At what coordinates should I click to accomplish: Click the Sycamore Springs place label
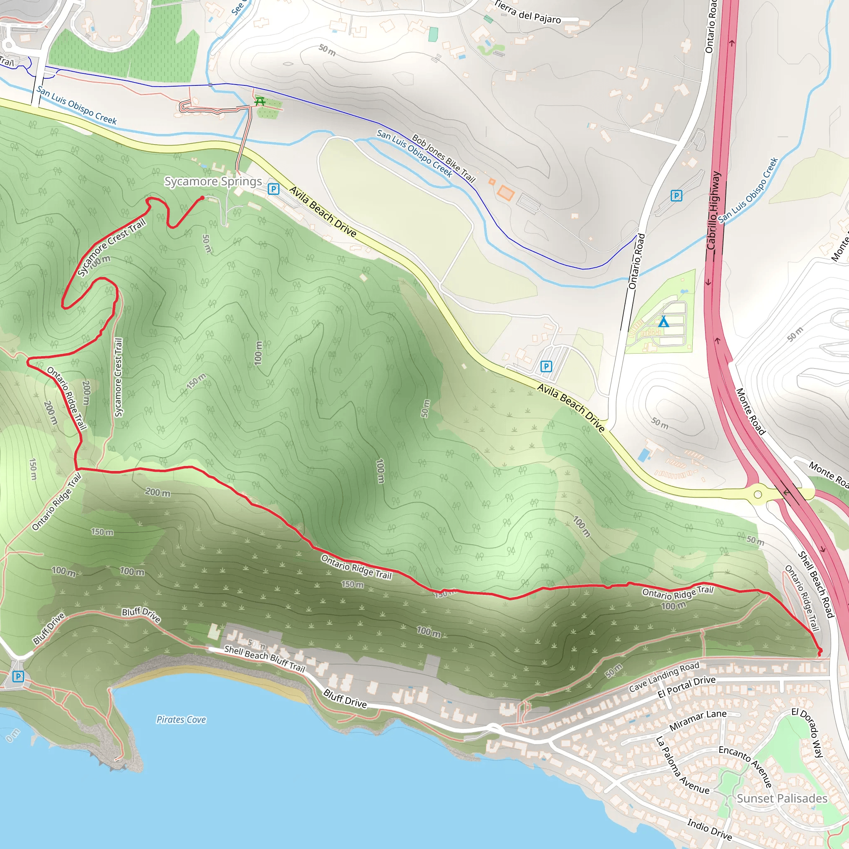coord(213,182)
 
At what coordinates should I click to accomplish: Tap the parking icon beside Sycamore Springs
coord(273,189)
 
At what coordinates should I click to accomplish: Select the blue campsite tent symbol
coord(663,322)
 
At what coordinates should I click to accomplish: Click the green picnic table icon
coord(260,102)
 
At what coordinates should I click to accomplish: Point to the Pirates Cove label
coord(181,720)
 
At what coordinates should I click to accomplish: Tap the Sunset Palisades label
coord(782,798)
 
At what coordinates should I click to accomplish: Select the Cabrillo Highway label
coord(714,211)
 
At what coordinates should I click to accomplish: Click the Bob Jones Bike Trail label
coord(444,158)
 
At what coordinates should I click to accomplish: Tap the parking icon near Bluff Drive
coord(18,676)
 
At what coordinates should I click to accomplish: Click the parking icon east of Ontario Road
coord(676,196)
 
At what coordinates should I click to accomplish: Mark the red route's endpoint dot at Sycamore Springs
coord(202,198)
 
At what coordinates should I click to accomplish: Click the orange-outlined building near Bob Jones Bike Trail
coord(506,193)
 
